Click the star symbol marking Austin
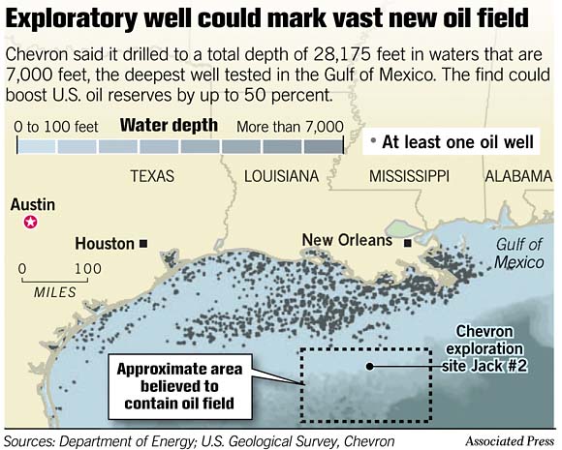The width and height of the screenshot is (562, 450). [30, 224]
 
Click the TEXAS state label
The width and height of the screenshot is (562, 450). [151, 177]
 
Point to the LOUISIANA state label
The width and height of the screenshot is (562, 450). [282, 177]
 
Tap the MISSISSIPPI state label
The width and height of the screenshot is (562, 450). [409, 177]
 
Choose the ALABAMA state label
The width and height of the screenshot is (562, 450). [517, 177]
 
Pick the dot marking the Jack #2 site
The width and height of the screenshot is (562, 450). [370, 366]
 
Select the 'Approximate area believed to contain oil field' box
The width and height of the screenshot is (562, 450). [181, 385]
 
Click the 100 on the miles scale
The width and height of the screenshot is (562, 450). [88, 269]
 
